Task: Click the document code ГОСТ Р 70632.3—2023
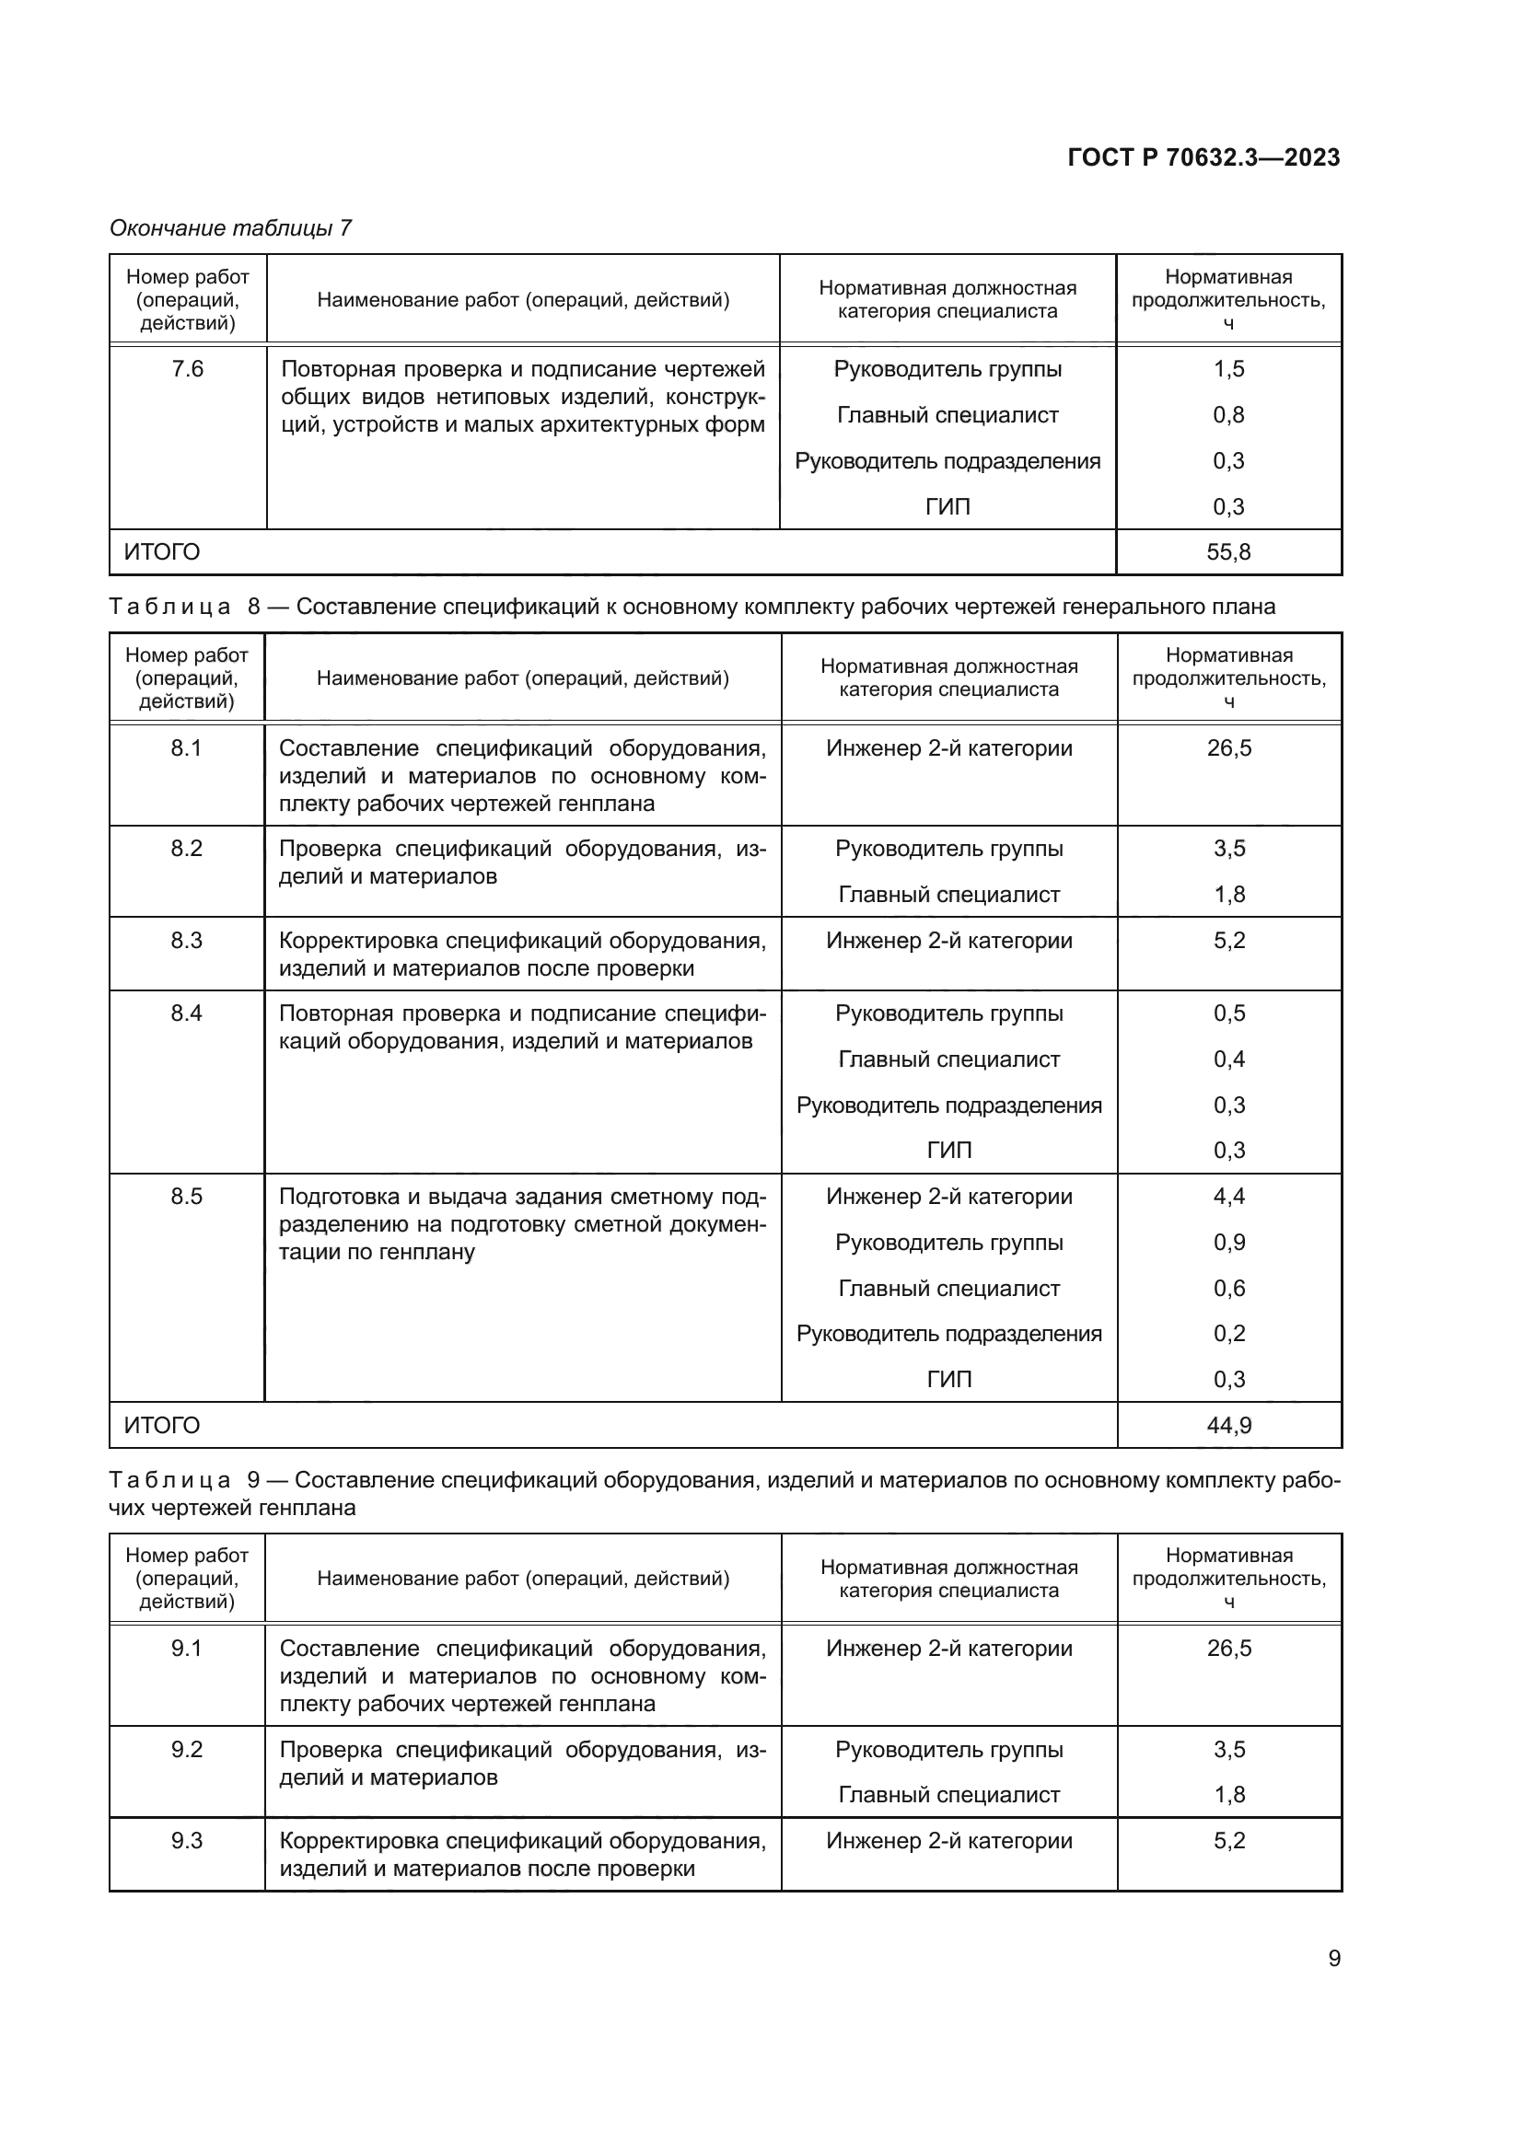point(1203,157)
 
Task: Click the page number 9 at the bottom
point(1333,1958)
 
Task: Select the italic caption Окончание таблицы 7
point(230,228)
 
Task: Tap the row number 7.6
point(187,368)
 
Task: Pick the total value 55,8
point(1227,551)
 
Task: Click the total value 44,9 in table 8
point(1228,1425)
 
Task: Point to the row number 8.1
point(186,748)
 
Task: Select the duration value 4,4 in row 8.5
point(1228,1197)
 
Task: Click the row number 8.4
point(186,1013)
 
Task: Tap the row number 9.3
point(187,1841)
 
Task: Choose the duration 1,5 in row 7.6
point(1227,368)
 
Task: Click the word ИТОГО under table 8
point(161,1425)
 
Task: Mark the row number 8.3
point(186,941)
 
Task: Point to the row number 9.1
point(187,1649)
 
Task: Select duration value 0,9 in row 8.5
point(1228,1243)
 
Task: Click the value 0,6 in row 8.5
point(1228,1289)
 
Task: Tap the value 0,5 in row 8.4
point(1228,1013)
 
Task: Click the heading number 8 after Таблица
point(253,607)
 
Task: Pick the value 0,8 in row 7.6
point(1227,414)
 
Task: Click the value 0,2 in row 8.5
point(1228,1334)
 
